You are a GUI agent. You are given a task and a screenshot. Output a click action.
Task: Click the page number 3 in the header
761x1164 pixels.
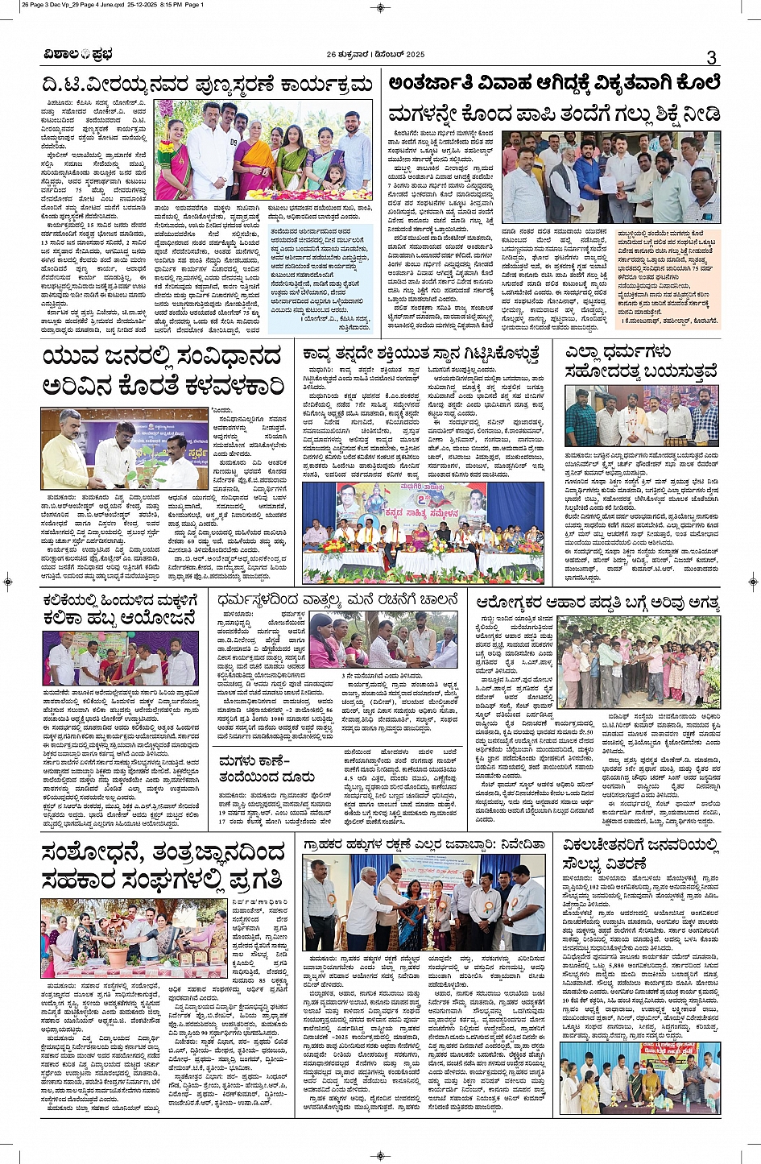point(711,57)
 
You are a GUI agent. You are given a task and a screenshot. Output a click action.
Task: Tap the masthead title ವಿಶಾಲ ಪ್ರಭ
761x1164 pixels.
point(78,55)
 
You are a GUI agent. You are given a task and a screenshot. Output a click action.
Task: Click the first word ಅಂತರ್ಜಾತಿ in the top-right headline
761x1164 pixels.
point(433,84)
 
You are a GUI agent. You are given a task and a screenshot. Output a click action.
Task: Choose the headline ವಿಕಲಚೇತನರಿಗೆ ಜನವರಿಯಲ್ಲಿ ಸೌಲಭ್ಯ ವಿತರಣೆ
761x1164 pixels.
point(639,854)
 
